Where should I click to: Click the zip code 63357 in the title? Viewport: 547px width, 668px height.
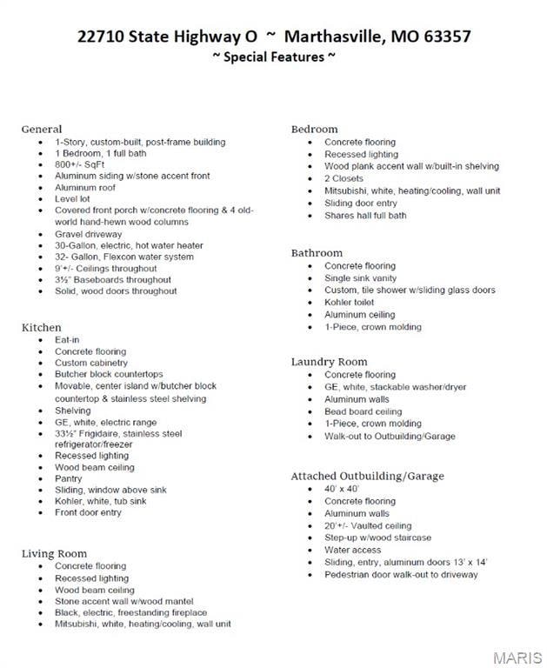click(x=443, y=37)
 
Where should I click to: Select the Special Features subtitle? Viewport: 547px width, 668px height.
click(x=273, y=57)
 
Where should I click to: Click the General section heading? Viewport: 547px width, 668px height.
click(x=42, y=129)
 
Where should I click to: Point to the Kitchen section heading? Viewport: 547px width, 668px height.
click(x=42, y=327)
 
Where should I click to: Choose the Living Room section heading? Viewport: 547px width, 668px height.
click(x=54, y=553)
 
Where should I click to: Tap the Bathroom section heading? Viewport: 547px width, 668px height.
click(x=317, y=253)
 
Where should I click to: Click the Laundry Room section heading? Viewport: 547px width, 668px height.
click(x=329, y=362)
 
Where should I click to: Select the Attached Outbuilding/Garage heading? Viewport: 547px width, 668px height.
click(x=367, y=476)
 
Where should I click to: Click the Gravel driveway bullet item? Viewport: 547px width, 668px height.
click(x=89, y=234)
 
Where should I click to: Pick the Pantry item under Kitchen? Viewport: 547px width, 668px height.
click(x=69, y=478)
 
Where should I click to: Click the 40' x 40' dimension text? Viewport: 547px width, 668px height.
click(x=342, y=490)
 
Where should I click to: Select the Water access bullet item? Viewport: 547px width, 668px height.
click(x=353, y=550)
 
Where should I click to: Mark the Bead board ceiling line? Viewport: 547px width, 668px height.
click(x=364, y=411)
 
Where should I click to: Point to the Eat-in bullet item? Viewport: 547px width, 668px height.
click(x=69, y=340)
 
